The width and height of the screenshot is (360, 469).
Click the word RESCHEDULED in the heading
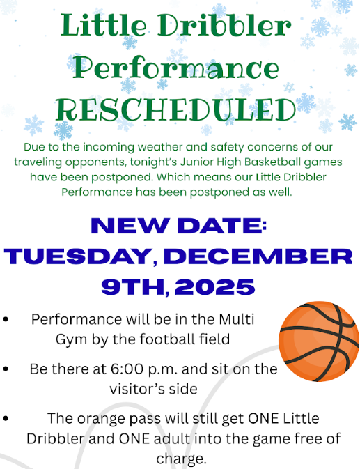tap(175, 110)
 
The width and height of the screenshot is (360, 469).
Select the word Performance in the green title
tap(176, 68)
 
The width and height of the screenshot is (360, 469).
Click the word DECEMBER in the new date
tap(259, 256)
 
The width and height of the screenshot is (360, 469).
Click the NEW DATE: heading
tap(179, 226)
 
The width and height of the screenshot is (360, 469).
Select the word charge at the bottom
tap(181, 459)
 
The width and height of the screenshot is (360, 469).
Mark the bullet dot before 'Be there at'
tap(6, 369)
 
